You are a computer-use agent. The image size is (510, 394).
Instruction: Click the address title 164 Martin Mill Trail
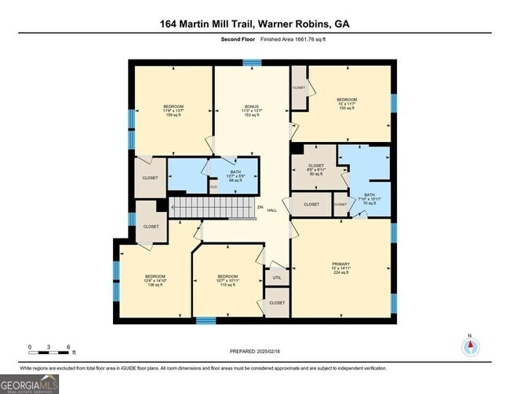pyautogui.click(x=255, y=24)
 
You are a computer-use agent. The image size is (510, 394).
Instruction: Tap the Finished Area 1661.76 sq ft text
pyautogui.click(x=282, y=40)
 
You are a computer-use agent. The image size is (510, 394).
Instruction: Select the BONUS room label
pyautogui.click(x=251, y=111)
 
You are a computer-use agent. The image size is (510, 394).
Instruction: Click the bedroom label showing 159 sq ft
pyautogui.click(x=173, y=111)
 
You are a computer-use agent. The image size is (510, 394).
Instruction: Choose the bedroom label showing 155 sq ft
pyautogui.click(x=347, y=104)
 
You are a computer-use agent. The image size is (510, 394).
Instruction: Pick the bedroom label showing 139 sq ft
pyautogui.click(x=155, y=281)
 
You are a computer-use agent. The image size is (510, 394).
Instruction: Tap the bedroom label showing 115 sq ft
pyautogui.click(x=228, y=281)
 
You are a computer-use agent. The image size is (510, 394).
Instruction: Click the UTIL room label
pyautogui.click(x=276, y=278)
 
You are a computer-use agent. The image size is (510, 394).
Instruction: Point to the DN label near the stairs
pyautogui.click(x=260, y=207)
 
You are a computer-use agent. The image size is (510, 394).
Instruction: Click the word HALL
pyautogui.click(x=271, y=210)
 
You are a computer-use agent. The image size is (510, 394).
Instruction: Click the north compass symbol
pyautogui.click(x=470, y=347)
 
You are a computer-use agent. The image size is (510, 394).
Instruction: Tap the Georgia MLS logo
pyautogui.click(x=29, y=384)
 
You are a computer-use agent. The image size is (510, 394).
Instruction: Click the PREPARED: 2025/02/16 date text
pyautogui.click(x=255, y=351)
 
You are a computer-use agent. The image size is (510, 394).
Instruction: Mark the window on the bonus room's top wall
pyautogui.click(x=252, y=62)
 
